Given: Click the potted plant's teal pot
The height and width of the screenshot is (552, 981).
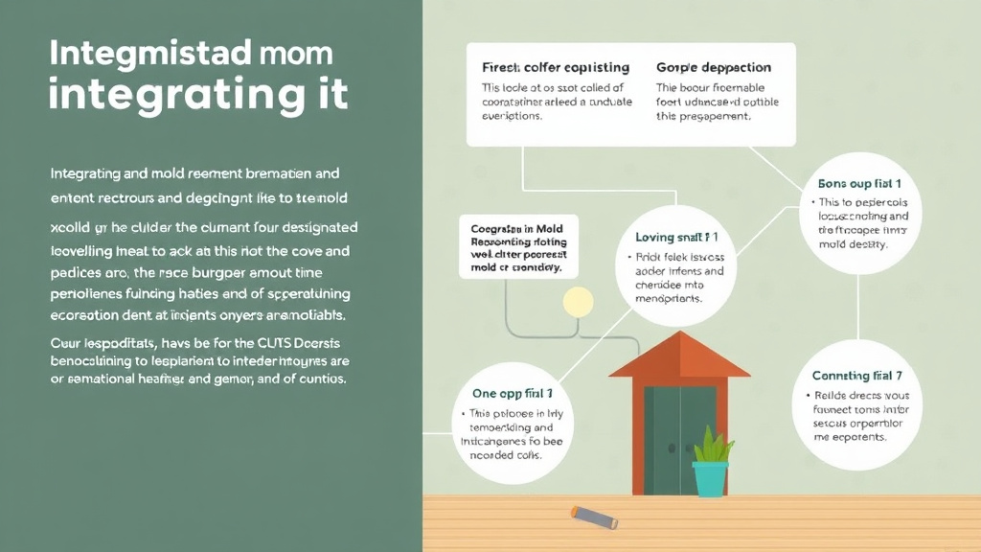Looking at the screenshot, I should [710, 478].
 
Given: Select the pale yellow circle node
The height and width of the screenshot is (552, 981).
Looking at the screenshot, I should [578, 303].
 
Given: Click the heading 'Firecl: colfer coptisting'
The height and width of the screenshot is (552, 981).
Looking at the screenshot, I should [555, 68].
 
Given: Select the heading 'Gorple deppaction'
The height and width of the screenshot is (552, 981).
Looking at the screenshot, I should [714, 68].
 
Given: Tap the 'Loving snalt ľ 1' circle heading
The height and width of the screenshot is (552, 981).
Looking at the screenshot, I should [677, 236].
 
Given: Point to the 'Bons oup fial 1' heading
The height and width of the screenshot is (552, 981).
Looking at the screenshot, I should [860, 182].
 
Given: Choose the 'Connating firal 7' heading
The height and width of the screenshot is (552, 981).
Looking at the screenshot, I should [857, 376].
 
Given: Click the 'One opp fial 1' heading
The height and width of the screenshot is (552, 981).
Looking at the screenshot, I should [513, 394].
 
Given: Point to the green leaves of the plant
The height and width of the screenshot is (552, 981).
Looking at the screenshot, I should [712, 446].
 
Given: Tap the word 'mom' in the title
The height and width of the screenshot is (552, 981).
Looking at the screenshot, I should [299, 53].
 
